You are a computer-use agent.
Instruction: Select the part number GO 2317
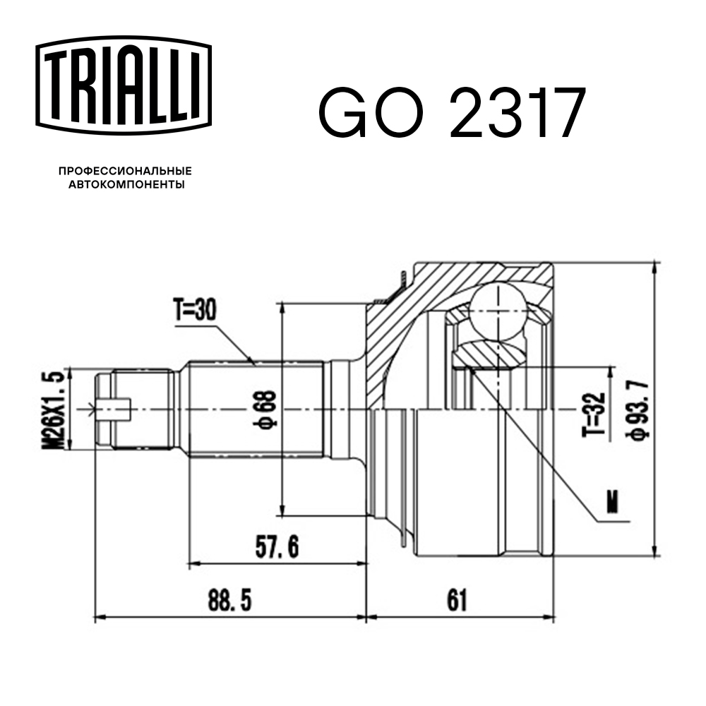(452, 113)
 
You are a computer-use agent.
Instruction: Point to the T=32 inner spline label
(594, 414)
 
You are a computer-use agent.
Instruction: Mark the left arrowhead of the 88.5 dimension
(100, 617)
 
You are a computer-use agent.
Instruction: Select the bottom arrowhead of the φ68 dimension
(283, 511)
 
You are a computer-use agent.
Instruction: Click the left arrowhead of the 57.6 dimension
(192, 563)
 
